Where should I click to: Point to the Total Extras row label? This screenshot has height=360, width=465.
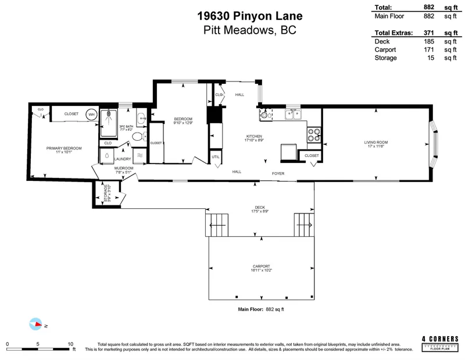pyautogui.click(x=394, y=33)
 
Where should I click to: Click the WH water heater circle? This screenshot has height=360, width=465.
pyautogui.click(x=91, y=115)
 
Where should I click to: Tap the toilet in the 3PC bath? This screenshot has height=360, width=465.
pyautogui.click(x=137, y=137)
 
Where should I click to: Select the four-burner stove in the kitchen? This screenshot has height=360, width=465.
pyautogui.click(x=314, y=135)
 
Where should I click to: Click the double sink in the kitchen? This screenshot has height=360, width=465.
pyautogui.click(x=293, y=115)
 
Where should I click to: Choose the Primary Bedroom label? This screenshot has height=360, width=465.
pyautogui.click(x=64, y=148)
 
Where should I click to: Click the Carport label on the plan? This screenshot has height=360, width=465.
pyautogui.click(x=262, y=266)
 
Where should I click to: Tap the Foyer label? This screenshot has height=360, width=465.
pyautogui.click(x=278, y=173)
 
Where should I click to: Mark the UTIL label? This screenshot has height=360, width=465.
pyautogui.click(x=215, y=157)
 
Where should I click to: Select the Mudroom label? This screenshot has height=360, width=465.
pyautogui.click(x=124, y=168)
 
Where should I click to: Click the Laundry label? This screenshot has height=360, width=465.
pyautogui.click(x=123, y=158)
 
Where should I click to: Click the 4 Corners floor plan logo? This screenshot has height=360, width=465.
pyautogui.click(x=441, y=342)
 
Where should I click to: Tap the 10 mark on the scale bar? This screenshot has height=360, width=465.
pyautogui.click(x=70, y=343)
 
